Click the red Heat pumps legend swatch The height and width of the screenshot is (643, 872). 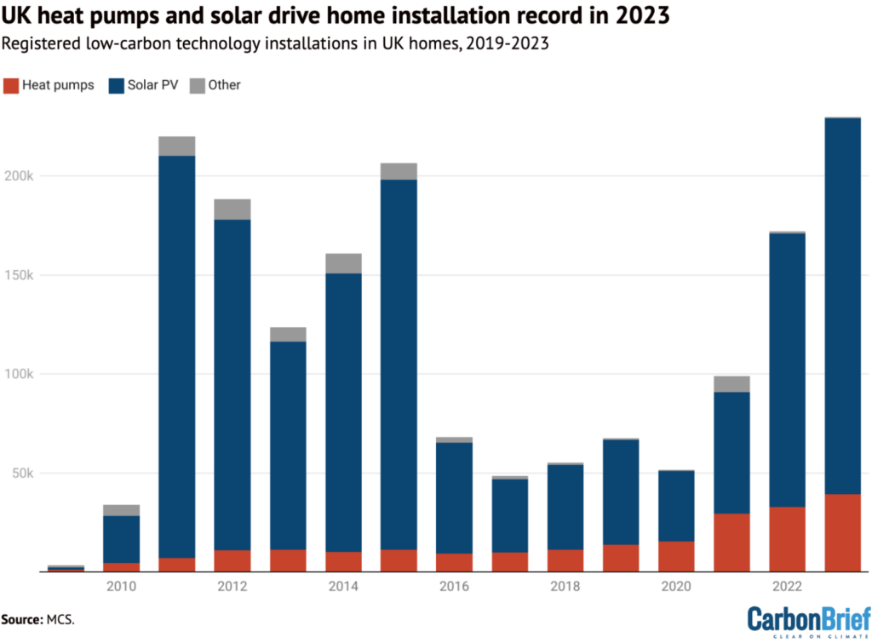click(10, 85)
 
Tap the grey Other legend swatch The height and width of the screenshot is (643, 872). click(196, 85)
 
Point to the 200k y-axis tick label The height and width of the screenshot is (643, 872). click(19, 175)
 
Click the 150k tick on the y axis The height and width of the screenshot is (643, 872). click(19, 275)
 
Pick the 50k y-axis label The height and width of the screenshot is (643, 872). click(22, 473)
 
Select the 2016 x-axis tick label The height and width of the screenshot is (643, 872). click(454, 587)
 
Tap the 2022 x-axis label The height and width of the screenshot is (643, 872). click(787, 587)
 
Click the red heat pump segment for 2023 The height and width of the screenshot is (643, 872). click(842, 532)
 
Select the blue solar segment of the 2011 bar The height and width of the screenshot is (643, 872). click(177, 357)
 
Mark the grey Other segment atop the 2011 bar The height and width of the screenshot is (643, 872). click(177, 146)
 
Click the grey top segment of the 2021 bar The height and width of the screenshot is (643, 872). click(731, 384)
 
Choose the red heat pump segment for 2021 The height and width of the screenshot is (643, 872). click(731, 543)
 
